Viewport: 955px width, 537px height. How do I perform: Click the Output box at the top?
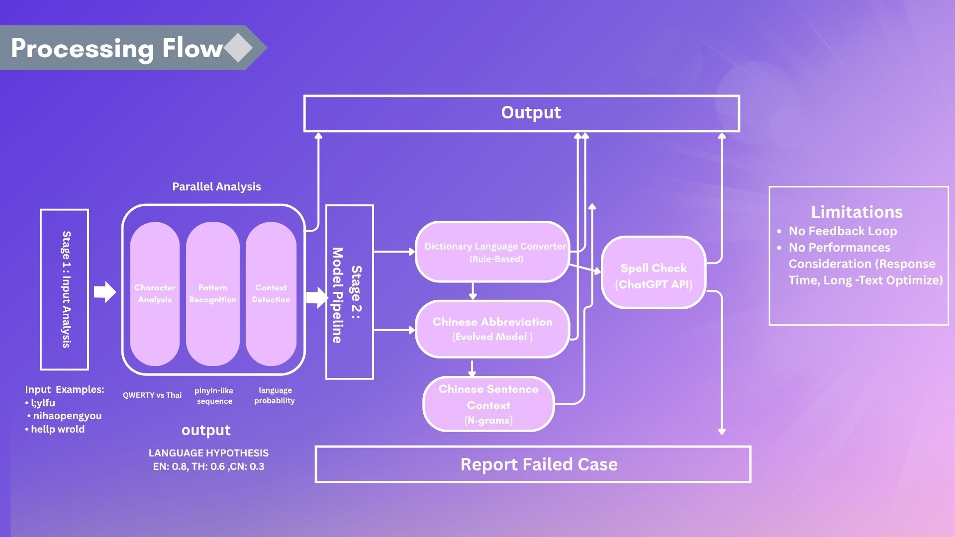coord(521,113)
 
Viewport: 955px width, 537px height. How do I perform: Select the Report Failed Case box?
coord(533,464)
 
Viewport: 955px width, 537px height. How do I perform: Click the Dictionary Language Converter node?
coord(492,252)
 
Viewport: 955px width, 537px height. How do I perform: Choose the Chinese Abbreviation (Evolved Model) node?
coord(492,329)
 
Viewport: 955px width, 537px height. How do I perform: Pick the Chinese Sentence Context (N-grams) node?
coord(488,404)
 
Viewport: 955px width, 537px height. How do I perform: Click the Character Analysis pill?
coord(155,293)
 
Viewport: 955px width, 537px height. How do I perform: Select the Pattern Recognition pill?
coord(212,293)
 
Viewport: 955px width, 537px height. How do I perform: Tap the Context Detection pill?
coord(271,293)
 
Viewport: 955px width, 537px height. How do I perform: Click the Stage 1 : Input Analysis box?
coord(65,289)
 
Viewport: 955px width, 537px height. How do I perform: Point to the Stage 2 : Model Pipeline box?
coord(349,292)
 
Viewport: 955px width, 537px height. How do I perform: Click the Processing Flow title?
coord(117,48)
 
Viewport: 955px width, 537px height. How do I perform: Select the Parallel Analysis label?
coord(216,186)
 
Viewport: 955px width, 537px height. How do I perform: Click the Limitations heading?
coord(857,212)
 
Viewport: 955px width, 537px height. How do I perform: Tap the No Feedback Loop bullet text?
coord(843,231)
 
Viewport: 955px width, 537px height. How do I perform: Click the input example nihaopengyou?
coord(67,416)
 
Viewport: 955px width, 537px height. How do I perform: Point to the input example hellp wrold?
coord(58,429)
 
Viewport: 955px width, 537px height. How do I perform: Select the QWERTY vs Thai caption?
coord(152,395)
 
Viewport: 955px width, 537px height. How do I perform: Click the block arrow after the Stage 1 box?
coord(104,292)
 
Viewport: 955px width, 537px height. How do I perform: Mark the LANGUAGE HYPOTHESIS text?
coord(208,453)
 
